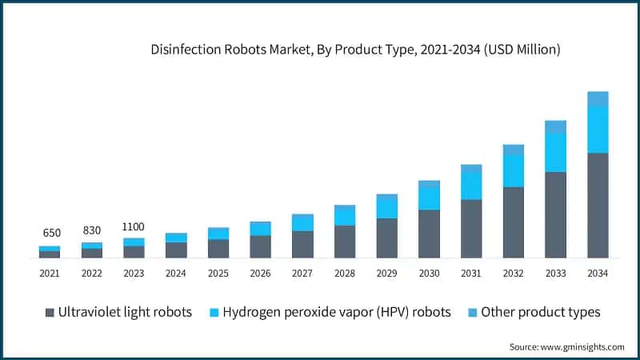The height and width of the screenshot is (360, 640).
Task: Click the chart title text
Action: click(356, 50)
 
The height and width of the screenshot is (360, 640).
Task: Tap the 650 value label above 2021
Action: click(51, 233)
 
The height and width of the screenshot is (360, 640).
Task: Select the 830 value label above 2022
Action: click(92, 230)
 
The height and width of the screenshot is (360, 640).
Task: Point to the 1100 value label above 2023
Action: click(134, 226)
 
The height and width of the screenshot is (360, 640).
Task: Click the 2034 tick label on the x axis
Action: click(598, 274)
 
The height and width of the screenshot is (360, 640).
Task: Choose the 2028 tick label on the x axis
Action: click(345, 274)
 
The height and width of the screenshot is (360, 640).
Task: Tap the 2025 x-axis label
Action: click(218, 274)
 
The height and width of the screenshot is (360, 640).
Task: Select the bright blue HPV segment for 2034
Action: click(598, 129)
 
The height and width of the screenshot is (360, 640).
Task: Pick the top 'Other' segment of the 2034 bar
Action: click(598, 98)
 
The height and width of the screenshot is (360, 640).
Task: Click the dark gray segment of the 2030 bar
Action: click(429, 234)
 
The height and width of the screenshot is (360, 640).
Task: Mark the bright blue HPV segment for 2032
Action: click(513, 171)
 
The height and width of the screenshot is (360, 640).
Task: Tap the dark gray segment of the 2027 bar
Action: click(302, 244)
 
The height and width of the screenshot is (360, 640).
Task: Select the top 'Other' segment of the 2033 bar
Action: click(555, 126)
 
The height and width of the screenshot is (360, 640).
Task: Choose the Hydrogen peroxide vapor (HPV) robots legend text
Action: click(336, 312)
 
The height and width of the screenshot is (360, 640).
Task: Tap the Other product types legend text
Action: click(540, 312)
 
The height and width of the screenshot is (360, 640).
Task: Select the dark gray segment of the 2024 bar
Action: click(176, 250)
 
